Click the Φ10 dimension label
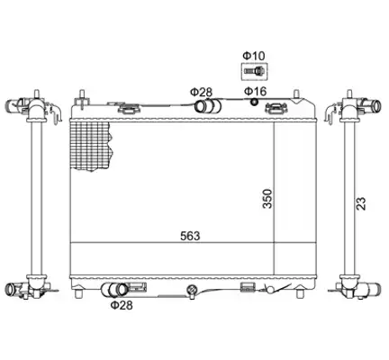(254, 56)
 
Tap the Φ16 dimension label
(255, 91)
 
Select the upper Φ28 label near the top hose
(201, 92)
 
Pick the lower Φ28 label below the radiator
(122, 305)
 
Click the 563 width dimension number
(190, 236)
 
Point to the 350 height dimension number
(267, 199)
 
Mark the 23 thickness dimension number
(361, 203)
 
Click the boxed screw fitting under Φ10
(254, 71)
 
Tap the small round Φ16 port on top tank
(254, 102)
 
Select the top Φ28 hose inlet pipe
(208, 106)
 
